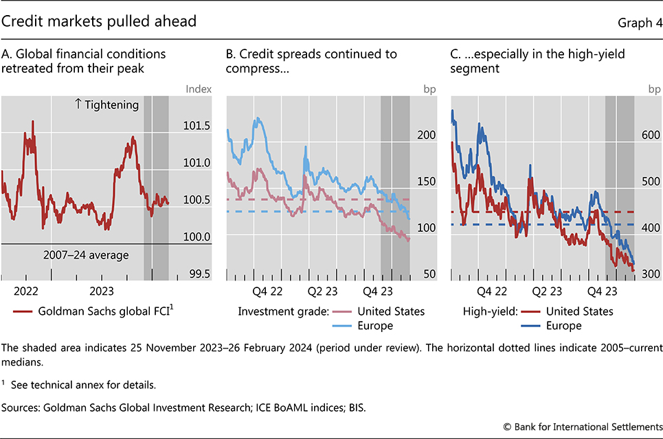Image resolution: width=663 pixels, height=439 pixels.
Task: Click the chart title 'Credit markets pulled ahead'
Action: [x=99, y=21]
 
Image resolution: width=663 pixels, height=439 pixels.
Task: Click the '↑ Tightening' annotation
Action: [x=106, y=105]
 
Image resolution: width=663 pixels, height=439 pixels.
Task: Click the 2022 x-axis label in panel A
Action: [x=27, y=291]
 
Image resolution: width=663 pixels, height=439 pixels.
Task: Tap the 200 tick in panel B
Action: [x=427, y=135]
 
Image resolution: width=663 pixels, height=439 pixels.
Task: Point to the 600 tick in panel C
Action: [x=650, y=135]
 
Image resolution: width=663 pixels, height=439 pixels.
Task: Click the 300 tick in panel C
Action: [x=650, y=274]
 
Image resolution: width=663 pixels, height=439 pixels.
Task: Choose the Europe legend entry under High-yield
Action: [x=565, y=326]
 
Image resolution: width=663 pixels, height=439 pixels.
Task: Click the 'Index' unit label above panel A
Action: [x=199, y=88]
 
